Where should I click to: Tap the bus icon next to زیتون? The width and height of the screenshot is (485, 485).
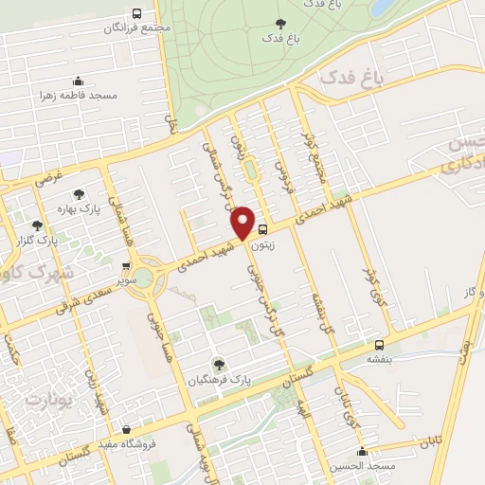(262, 228)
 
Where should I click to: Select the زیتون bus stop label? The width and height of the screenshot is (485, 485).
(262, 243)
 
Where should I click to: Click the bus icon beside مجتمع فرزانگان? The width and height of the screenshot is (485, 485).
(137, 13)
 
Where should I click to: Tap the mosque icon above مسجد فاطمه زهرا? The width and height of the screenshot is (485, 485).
(77, 81)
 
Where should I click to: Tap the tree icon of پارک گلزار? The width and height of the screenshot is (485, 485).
(37, 225)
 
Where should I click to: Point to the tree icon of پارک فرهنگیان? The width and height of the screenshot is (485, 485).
(219, 362)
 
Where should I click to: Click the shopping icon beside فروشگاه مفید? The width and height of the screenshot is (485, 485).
(126, 428)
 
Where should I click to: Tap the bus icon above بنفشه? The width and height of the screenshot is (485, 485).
(379, 345)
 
